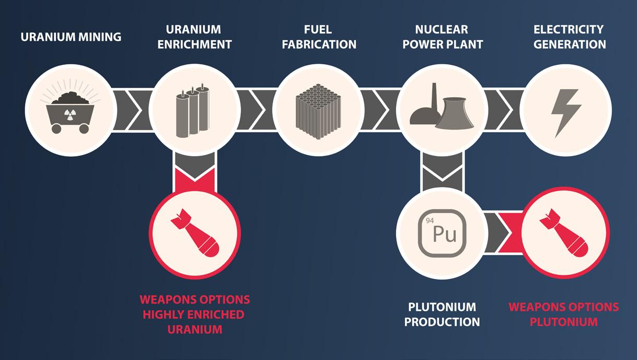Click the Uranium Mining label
71,37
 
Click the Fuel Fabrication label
319,37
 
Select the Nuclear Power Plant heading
442,37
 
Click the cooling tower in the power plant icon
454,113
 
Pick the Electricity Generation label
569,37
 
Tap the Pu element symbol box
442,233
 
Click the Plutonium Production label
442,314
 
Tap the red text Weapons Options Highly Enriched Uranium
194,315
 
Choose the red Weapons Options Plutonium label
563,314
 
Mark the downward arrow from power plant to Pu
442,170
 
